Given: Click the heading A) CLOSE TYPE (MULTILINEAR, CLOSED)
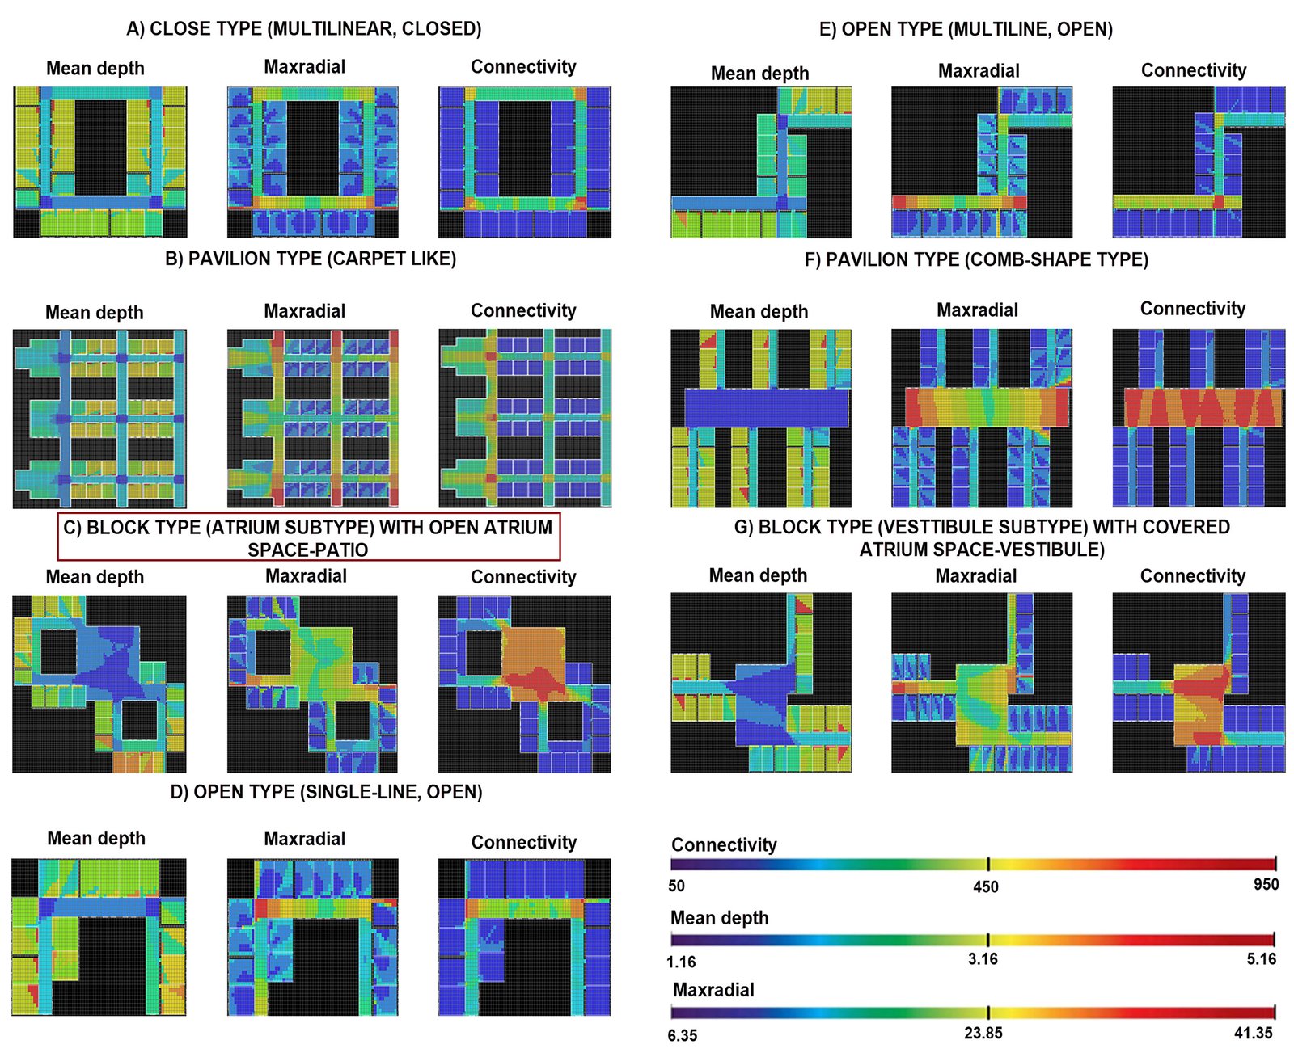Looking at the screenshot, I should click(304, 29).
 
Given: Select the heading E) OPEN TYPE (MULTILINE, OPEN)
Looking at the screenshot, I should click(966, 30).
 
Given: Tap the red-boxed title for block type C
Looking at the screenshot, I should click(308, 538).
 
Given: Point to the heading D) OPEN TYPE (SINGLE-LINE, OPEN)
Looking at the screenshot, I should click(326, 792).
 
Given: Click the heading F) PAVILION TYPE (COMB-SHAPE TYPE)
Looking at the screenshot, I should click(976, 259).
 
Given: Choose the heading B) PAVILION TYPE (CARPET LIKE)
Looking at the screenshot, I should click(311, 259).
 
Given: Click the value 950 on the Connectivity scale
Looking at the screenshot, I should click(1266, 884).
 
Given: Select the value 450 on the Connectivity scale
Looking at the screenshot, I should click(985, 886).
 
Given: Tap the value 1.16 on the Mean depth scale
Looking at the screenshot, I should click(681, 962).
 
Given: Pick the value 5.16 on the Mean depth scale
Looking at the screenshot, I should click(1261, 959).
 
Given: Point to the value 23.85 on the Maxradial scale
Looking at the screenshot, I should click(983, 1033).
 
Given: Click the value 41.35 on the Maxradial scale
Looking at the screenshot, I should click(1253, 1033).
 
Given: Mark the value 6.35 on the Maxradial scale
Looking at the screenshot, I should click(683, 1035).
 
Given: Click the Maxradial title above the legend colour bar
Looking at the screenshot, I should click(713, 990).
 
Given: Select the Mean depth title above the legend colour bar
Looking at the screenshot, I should click(719, 918).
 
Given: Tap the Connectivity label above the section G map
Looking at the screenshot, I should click(1192, 576).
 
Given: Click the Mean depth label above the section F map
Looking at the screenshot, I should click(759, 312).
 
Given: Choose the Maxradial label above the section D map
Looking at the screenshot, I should click(304, 839).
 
